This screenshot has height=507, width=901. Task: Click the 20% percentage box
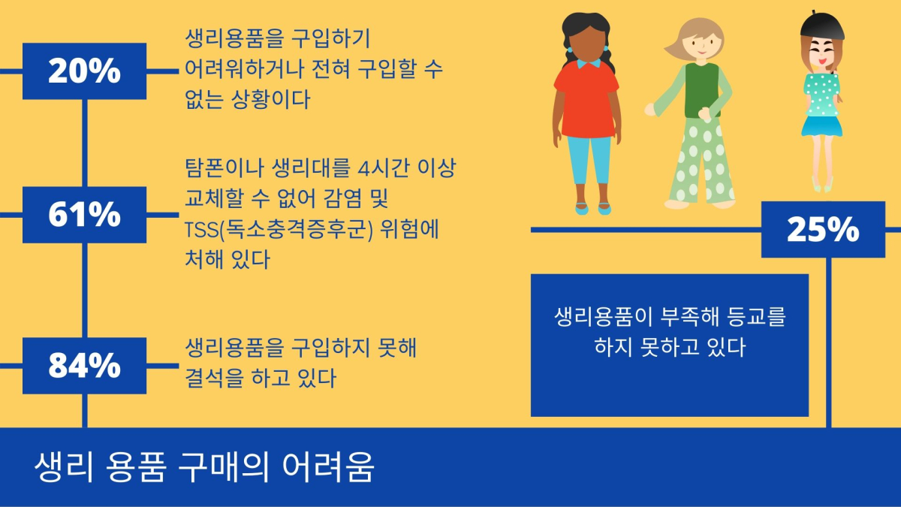[84, 71]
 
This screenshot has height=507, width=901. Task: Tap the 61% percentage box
[84, 215]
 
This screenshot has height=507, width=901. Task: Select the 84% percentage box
[84, 366]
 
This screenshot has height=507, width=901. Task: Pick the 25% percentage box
[824, 229]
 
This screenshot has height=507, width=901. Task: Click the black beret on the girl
[821, 26]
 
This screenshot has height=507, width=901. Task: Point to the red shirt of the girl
[586, 101]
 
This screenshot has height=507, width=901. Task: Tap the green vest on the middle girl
[702, 91]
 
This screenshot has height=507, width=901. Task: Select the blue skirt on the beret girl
[821, 126]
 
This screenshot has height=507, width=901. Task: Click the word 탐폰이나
[224, 167]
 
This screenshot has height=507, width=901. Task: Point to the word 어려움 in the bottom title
[328, 467]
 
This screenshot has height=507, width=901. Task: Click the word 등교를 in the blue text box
[756, 316]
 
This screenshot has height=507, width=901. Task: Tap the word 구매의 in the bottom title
[224, 467]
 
